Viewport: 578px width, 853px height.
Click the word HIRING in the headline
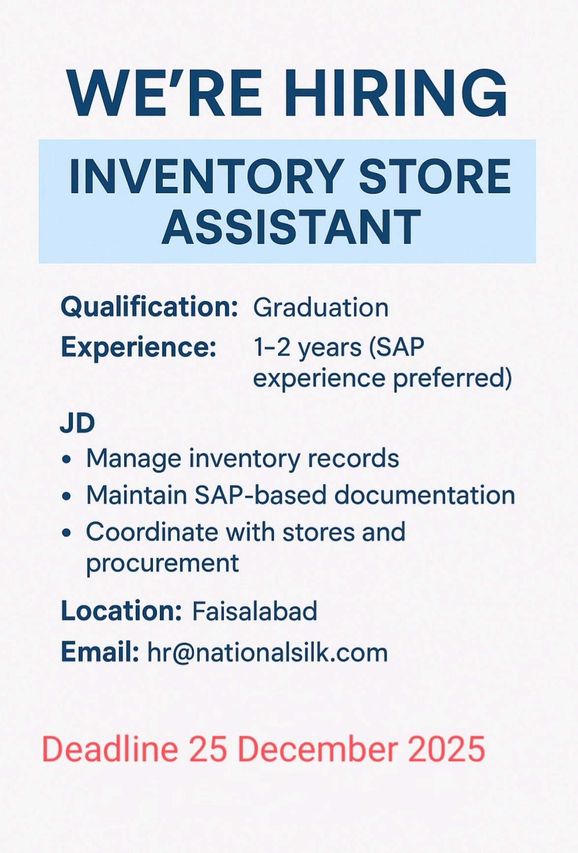coord(396,93)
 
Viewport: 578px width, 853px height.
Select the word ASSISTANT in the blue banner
coord(291,227)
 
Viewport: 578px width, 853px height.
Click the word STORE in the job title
coord(435,176)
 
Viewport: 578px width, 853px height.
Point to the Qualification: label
coord(150,307)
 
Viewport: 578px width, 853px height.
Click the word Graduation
coord(321,308)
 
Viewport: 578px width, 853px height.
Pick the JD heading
coord(77,423)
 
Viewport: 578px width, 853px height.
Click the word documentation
coord(425,495)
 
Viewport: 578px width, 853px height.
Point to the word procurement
coord(162,563)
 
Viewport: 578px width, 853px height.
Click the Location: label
coord(121,611)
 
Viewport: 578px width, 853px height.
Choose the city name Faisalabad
coord(255,611)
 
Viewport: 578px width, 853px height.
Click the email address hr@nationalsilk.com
coord(268,653)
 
